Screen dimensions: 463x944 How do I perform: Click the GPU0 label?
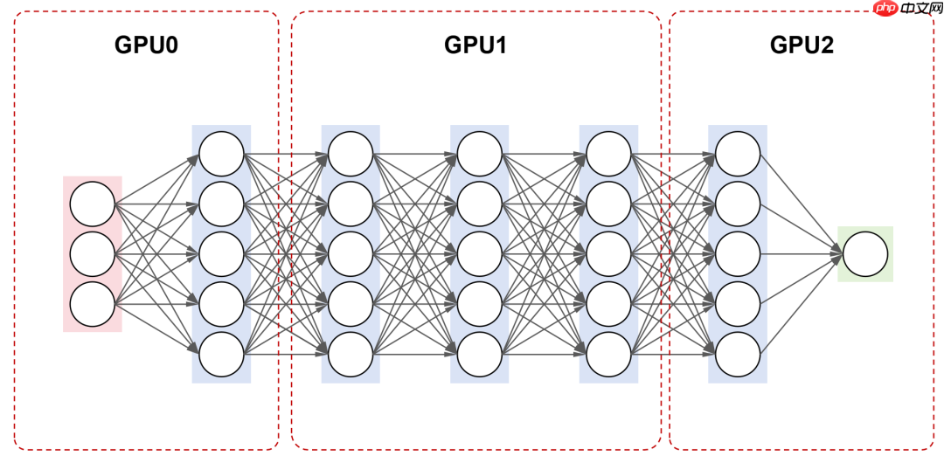pos(146,45)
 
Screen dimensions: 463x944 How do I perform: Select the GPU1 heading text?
pos(475,45)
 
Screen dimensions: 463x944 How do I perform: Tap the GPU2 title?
pos(802,45)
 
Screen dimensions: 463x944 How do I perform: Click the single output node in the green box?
pos(865,254)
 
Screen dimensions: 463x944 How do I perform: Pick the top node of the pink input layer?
pos(93,204)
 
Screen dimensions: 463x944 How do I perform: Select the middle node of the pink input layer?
pos(93,254)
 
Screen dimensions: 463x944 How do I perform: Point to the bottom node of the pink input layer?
pos(93,305)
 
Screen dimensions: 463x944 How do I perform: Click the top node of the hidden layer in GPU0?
pos(221,153)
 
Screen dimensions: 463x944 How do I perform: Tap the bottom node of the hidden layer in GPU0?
pos(221,355)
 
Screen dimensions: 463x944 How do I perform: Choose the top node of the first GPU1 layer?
pos(351,153)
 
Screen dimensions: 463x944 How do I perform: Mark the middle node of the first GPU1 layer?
pos(351,254)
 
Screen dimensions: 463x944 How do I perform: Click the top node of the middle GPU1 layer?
pos(480,153)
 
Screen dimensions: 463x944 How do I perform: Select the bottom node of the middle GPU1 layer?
pos(480,355)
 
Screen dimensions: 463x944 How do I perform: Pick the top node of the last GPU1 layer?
pos(609,153)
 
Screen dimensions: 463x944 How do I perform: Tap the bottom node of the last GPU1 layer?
pos(609,355)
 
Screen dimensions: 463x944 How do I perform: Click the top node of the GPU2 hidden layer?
pos(738,153)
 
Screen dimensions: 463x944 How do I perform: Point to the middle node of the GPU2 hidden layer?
pos(738,254)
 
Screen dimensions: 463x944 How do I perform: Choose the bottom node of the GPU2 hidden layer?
pos(738,355)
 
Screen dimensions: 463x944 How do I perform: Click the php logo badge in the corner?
pos(885,9)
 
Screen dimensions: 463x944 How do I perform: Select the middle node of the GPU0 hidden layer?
pos(221,254)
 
